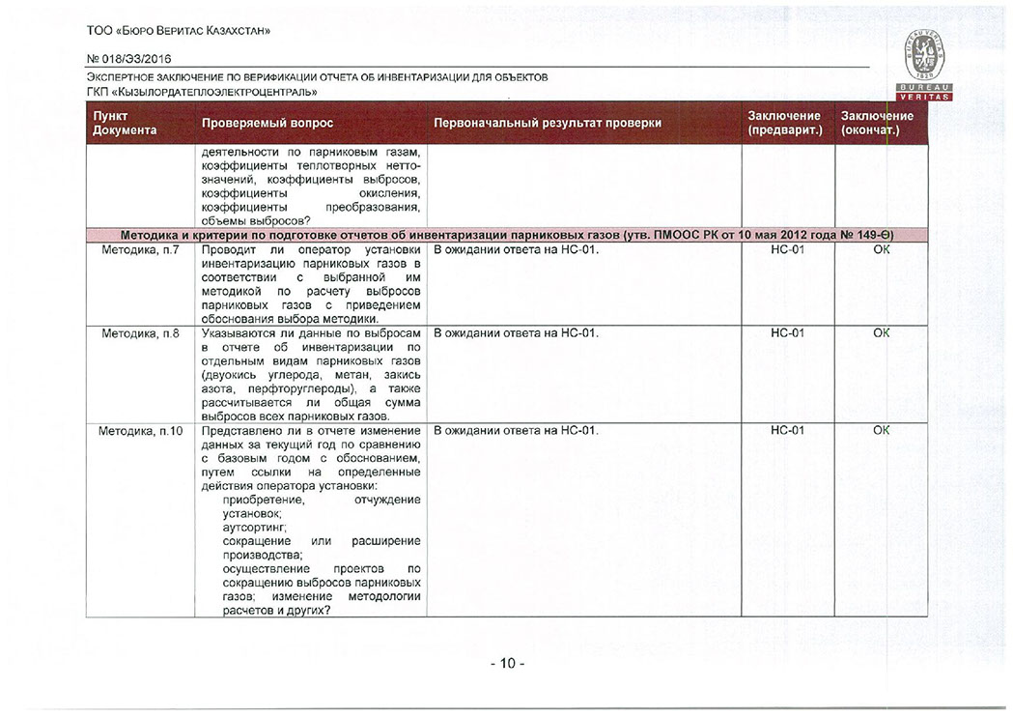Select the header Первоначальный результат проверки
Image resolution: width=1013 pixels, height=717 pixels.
pos(548,124)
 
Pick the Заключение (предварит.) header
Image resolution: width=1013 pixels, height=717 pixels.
pos(784,124)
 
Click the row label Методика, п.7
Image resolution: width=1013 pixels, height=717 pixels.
pos(141,250)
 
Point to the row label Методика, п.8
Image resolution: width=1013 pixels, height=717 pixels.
pos(141,334)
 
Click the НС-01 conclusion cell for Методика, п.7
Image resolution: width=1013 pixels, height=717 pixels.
pos(787,250)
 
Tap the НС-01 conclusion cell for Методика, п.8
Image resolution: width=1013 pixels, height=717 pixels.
pos(787,334)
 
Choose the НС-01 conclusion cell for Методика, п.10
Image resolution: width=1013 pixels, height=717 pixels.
pos(787,431)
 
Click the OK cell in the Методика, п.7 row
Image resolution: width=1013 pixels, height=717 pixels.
pos(881,250)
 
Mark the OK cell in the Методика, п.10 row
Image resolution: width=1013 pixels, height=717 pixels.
pos(881,431)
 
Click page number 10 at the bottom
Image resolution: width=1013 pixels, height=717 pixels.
pos(507,664)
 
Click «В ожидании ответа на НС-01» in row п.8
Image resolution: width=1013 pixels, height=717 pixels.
pos(517,334)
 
